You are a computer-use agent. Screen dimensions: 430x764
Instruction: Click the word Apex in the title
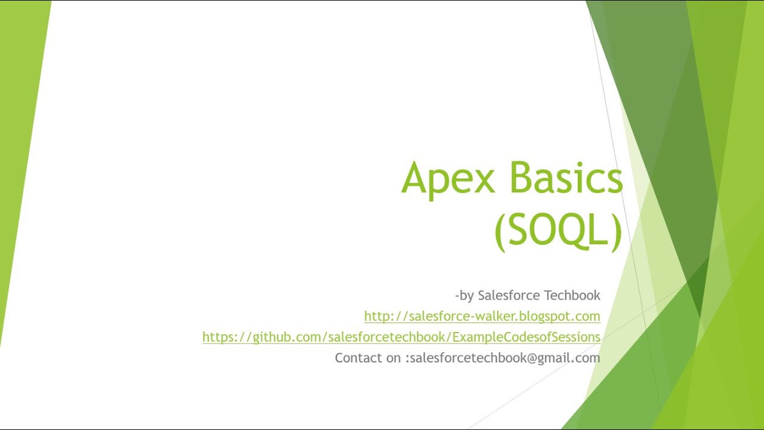(x=448, y=177)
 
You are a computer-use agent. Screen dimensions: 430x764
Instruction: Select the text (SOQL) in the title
(x=559, y=229)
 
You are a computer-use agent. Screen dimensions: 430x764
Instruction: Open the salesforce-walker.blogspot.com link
(x=482, y=316)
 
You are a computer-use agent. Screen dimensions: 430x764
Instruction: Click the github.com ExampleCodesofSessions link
(x=401, y=337)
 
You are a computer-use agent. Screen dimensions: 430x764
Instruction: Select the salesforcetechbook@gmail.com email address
(x=505, y=358)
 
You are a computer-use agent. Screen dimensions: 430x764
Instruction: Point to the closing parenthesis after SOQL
(x=617, y=231)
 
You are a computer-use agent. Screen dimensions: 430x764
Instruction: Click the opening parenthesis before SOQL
(x=500, y=231)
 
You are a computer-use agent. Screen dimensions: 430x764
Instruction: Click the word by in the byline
(x=466, y=296)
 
